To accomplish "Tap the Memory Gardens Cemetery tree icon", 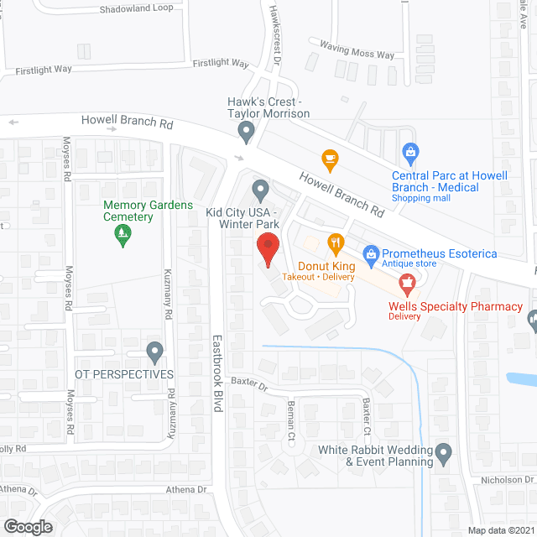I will coord(123,236).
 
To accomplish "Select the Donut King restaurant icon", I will coord(336,244).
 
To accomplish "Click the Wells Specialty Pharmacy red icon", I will coord(408,284).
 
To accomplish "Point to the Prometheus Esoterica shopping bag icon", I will coord(369,253).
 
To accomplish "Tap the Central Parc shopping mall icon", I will coord(410,152).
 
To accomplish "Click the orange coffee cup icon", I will coord(330,158).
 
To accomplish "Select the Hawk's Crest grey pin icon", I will coord(246,130).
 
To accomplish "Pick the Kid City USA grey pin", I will coord(261,191).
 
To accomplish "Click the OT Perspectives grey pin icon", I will coord(154,352).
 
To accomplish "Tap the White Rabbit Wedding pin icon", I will coord(444,455).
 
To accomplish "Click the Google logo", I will coord(27,527).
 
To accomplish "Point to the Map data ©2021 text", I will coord(500,529).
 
